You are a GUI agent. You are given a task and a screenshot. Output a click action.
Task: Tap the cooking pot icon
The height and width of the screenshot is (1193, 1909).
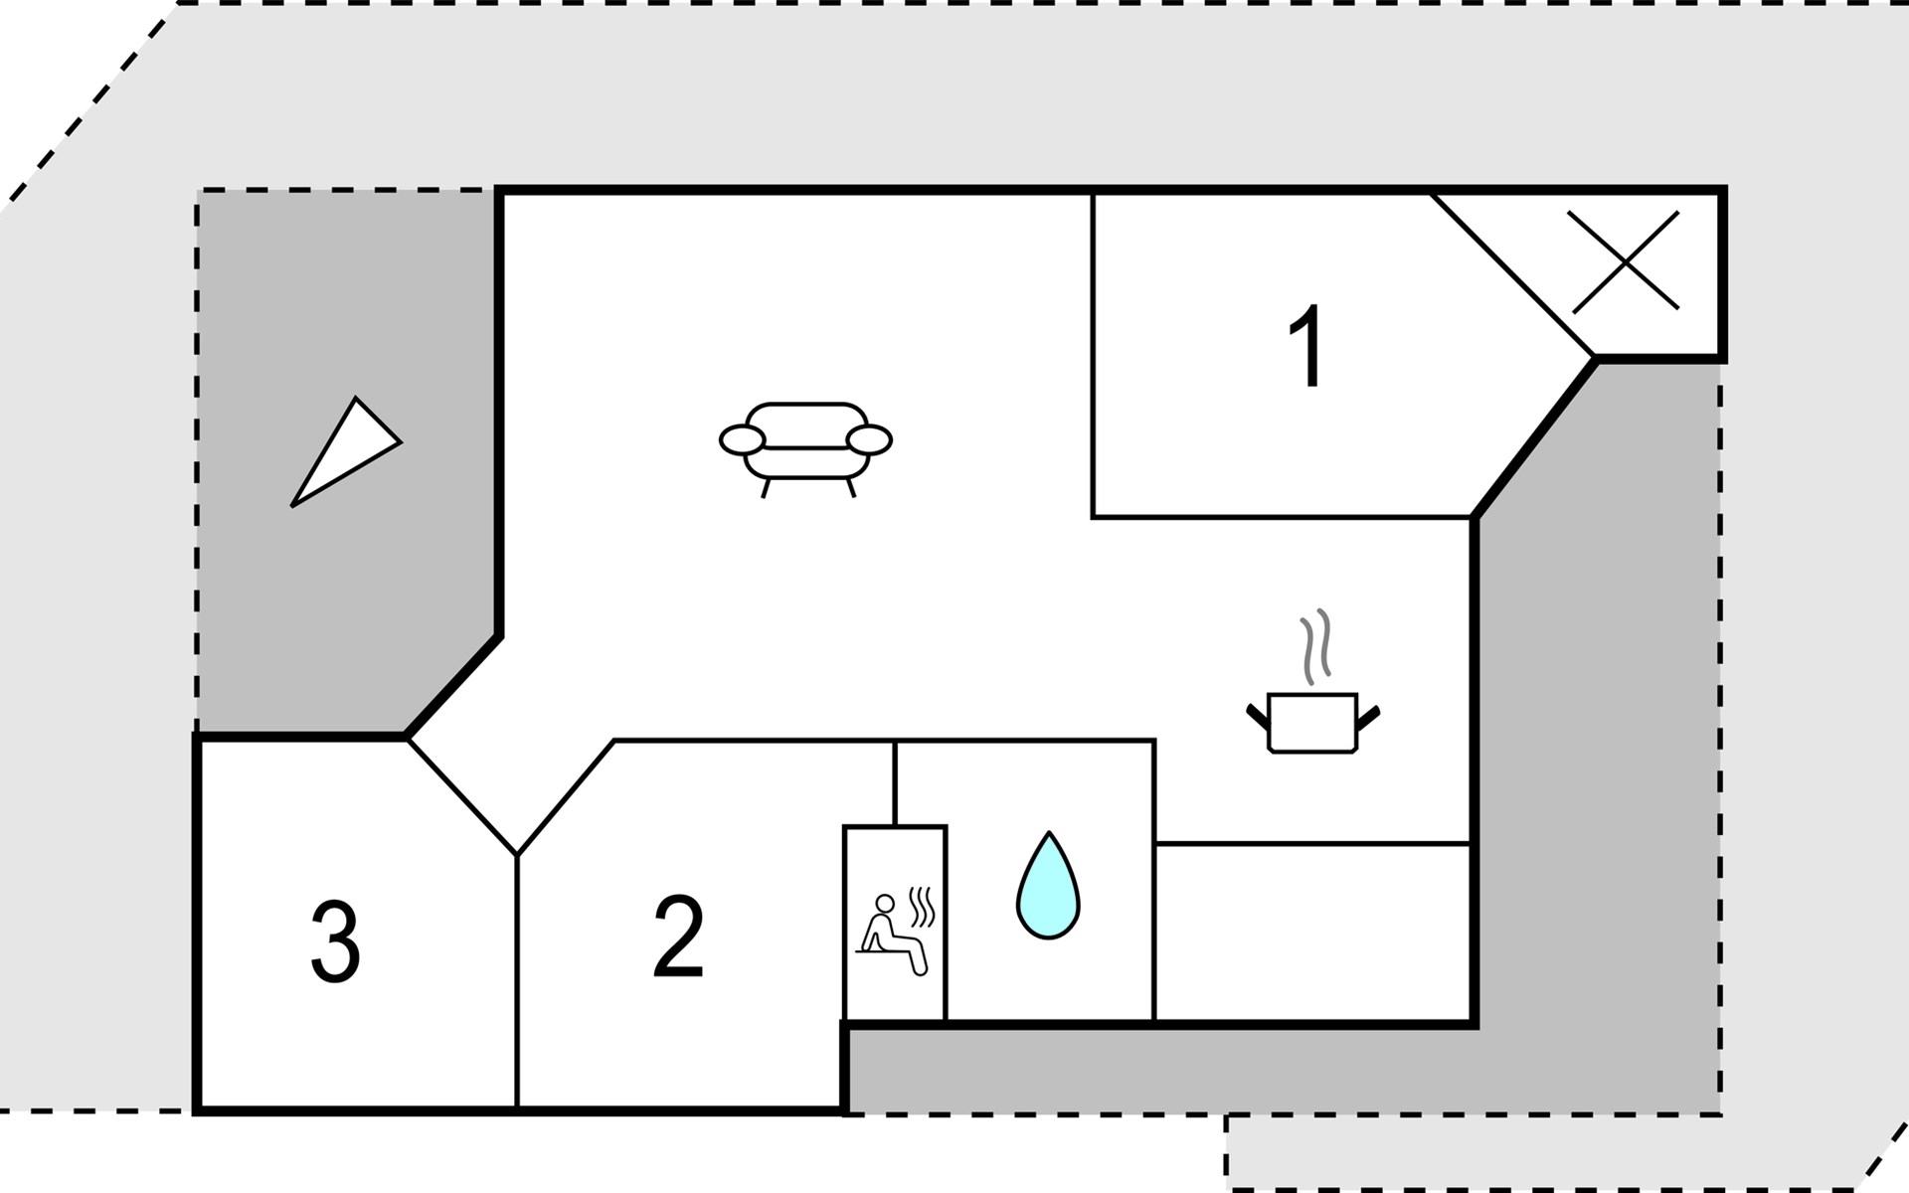[1312, 722]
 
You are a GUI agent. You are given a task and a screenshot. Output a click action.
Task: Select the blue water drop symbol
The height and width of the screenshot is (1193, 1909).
[1048, 886]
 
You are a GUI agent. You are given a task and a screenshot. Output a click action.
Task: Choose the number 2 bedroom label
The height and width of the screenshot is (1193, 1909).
[679, 936]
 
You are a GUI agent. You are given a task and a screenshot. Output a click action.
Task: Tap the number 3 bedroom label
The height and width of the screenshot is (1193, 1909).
[335, 941]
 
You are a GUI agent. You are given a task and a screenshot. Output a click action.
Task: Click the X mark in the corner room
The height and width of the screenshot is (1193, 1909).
[1624, 260]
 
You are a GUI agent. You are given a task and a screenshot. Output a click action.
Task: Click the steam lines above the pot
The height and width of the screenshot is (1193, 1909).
[1315, 647]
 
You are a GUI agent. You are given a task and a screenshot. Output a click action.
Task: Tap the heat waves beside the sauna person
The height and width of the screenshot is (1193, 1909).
[923, 907]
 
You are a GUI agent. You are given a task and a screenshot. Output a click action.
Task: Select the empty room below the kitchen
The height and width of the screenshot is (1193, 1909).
[1312, 932]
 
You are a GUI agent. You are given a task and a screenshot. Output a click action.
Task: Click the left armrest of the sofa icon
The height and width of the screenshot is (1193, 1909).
[742, 439]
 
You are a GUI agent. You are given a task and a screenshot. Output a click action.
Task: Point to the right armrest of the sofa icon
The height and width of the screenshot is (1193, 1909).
[869, 439]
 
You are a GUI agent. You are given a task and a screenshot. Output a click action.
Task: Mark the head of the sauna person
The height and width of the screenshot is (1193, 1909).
[884, 904]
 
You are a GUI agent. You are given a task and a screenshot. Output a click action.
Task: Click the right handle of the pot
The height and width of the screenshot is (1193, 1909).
[1368, 716]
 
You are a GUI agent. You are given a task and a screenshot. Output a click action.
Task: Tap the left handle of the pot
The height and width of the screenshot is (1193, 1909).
[1258, 716]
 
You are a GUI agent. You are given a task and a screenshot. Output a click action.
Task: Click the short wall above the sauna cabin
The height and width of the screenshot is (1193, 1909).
[895, 783]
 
